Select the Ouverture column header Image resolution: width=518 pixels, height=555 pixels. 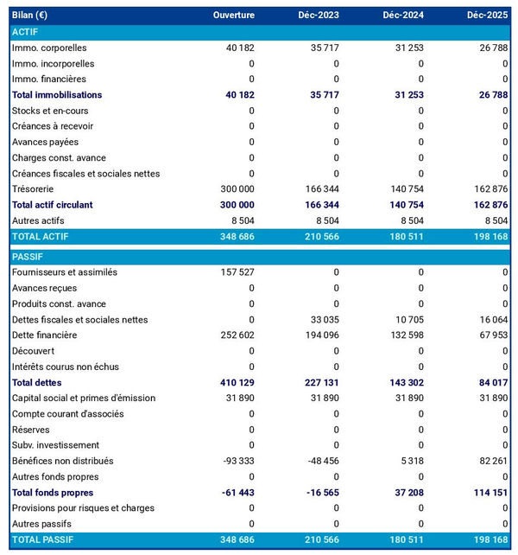click(x=234, y=16)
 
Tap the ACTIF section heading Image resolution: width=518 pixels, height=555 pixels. click(x=26, y=32)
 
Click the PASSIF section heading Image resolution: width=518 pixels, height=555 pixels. click(x=28, y=257)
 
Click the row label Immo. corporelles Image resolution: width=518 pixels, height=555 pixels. click(x=49, y=48)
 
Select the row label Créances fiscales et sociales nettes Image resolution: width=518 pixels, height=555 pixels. click(x=85, y=174)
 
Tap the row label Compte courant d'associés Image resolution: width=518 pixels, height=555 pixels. click(x=67, y=414)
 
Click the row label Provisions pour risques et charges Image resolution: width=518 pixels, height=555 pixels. click(x=83, y=508)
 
